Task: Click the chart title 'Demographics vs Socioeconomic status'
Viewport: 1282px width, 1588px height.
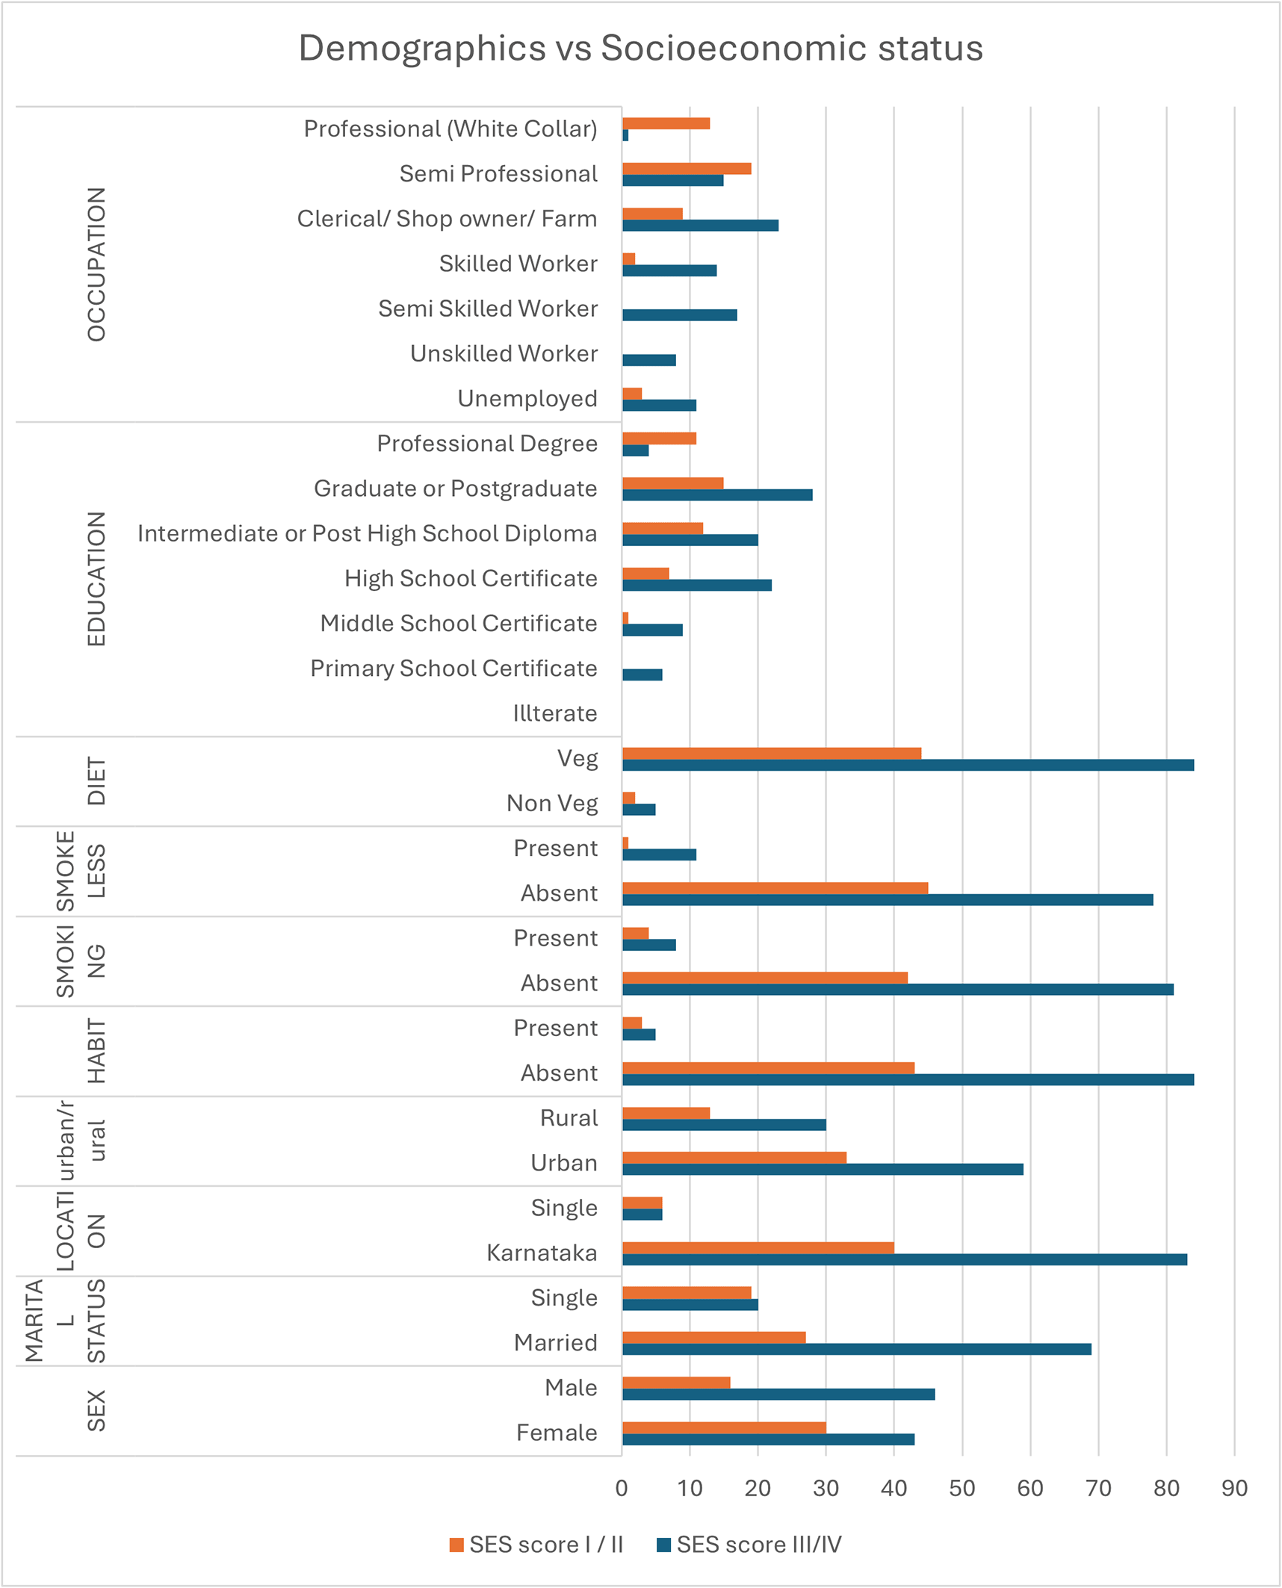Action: (640, 48)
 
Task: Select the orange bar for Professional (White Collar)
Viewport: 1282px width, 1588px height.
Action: (666, 123)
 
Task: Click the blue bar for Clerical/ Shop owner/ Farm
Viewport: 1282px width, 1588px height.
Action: (700, 225)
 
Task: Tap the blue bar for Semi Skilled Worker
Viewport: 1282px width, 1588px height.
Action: (680, 315)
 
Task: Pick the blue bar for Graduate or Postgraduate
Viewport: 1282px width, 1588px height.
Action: (717, 494)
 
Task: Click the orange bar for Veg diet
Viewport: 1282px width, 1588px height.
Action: (772, 753)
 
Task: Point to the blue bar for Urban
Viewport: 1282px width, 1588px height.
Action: (823, 1169)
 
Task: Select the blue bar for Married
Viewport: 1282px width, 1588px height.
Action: (857, 1349)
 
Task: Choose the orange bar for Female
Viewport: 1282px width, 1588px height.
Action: (724, 1427)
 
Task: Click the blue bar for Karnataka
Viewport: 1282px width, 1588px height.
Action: (905, 1259)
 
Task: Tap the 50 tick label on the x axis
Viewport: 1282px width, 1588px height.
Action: (962, 1489)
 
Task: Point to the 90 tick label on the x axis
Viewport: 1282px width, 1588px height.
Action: (1234, 1489)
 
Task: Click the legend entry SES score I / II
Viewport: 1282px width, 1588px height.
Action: (536, 1545)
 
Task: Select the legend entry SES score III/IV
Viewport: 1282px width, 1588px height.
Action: (749, 1545)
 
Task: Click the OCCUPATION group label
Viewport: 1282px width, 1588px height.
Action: (96, 264)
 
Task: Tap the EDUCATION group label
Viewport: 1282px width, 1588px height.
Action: (96, 579)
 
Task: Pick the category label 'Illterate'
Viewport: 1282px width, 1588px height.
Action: (555, 713)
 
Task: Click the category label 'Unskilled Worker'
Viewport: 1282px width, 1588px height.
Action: (504, 353)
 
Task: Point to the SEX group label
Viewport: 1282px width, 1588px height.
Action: (96, 1411)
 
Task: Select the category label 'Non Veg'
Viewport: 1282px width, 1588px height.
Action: (552, 803)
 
